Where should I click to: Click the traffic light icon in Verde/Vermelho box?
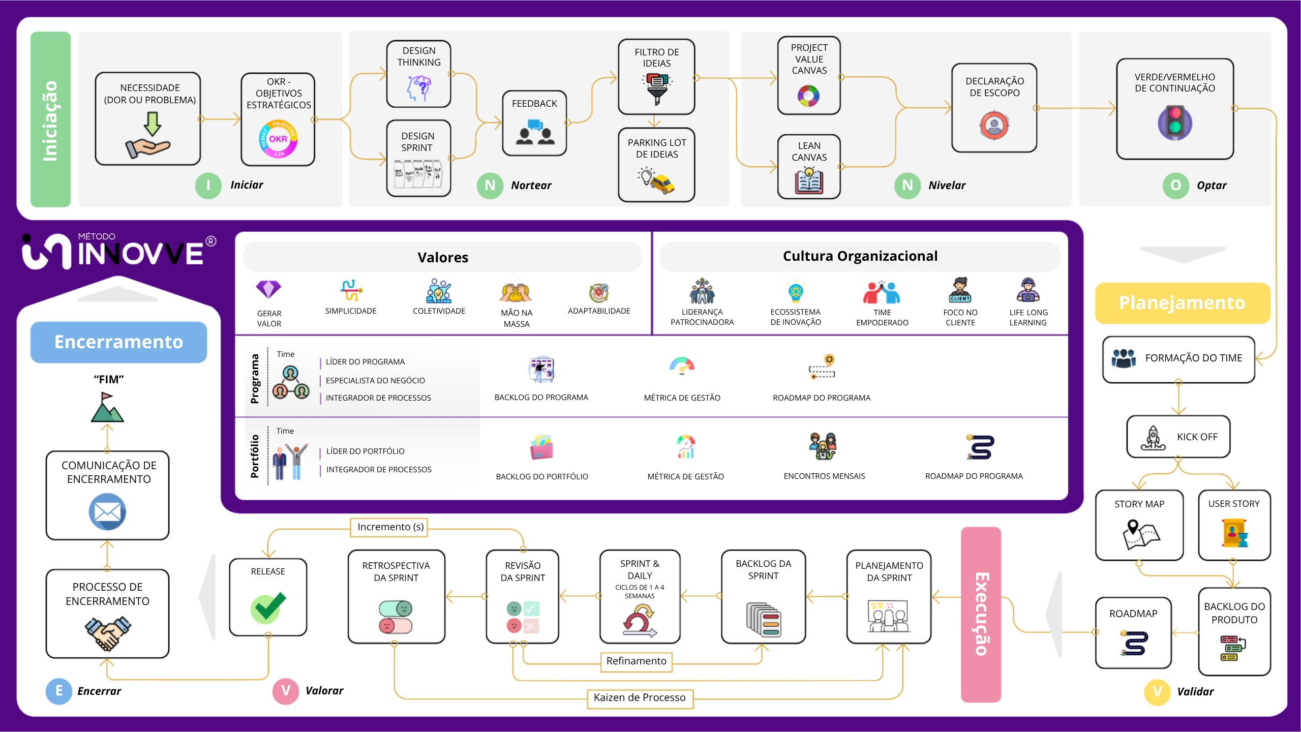1174,123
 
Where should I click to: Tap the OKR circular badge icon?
278,139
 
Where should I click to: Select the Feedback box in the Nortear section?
534,123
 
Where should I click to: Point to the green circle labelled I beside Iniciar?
208,185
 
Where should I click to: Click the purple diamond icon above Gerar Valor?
268,289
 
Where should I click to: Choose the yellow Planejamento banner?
1182,303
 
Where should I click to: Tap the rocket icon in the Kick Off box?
1153,438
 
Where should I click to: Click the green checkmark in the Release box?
268,607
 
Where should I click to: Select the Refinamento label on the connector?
636,661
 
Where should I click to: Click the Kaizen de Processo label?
640,698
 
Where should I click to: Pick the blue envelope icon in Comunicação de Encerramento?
107,512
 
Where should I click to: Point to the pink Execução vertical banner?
981,615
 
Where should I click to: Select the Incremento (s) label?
390,527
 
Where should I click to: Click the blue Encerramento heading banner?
118,342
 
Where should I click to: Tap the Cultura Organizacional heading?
860,256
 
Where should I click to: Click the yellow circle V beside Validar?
1157,692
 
